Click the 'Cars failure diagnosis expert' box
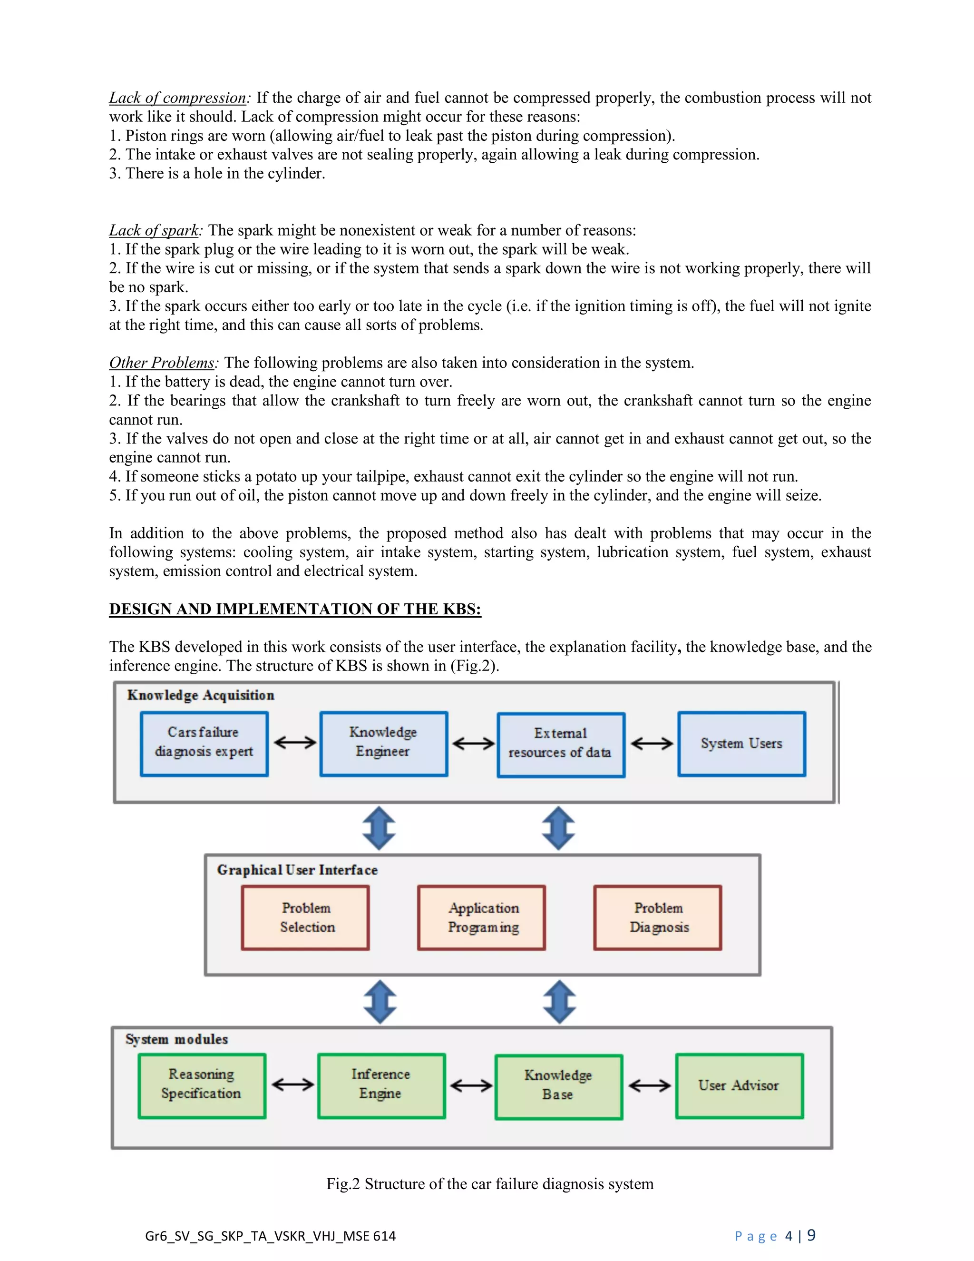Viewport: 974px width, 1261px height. pos(204,744)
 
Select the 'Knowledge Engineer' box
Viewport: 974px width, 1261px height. pos(384,744)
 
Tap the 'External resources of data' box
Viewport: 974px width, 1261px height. pos(561,745)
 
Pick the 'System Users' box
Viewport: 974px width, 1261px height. pos(741,744)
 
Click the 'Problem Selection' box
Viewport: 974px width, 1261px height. pos(306,917)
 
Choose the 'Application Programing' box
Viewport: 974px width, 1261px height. pos(482,917)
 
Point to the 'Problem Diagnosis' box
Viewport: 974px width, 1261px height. pos(658,917)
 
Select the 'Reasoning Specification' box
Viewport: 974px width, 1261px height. pos(202,1086)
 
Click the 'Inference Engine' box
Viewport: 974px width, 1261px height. pos(381,1086)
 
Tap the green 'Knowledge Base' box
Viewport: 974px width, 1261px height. pos(558,1087)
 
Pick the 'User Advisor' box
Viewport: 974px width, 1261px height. pos(739,1086)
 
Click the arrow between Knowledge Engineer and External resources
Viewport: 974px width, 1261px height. pos(473,744)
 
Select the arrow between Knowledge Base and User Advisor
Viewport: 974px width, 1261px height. pos(649,1086)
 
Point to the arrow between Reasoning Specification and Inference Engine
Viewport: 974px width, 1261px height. pos(292,1085)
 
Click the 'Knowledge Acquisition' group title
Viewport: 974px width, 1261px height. pos(201,695)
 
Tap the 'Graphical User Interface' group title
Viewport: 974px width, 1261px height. pos(297,870)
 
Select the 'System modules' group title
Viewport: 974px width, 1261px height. pos(176,1039)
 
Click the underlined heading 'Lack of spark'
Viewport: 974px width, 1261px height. pos(154,230)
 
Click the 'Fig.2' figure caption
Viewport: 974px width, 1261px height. pos(490,1184)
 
